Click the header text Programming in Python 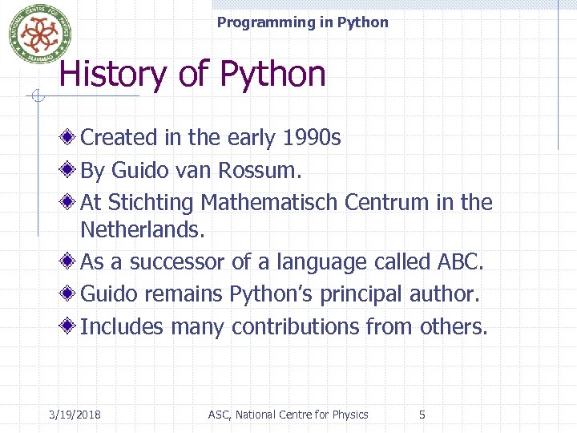click(x=302, y=22)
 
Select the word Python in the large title click(x=272, y=75)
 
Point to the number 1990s click(x=312, y=138)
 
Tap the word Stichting click(x=151, y=202)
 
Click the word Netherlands click(x=143, y=231)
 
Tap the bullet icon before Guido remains click(x=71, y=294)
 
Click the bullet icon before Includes click(x=71, y=327)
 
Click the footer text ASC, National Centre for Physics click(x=288, y=415)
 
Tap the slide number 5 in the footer click(x=422, y=415)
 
